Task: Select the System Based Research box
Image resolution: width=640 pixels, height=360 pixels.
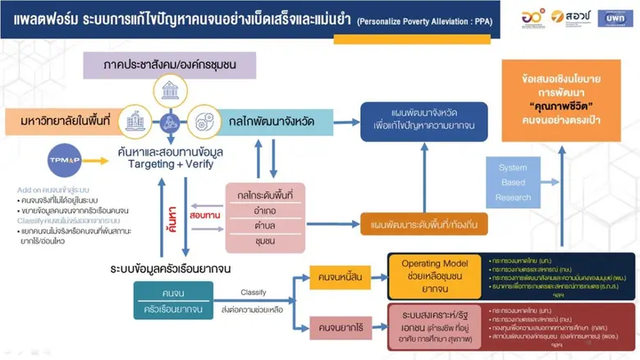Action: (x=514, y=181)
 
